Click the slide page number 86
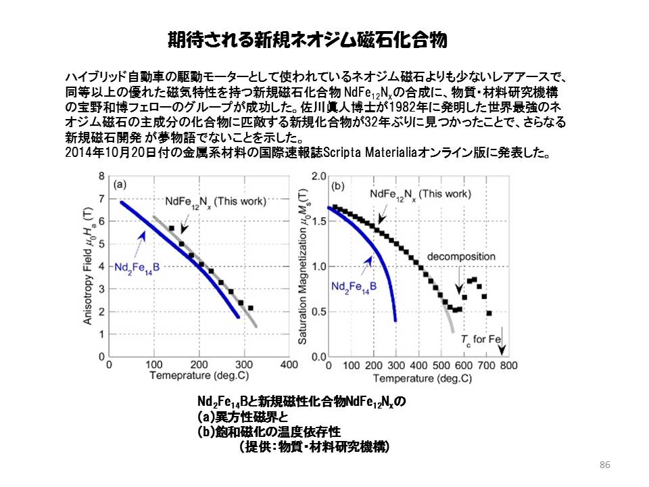click(604, 465)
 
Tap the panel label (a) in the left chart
click(120, 183)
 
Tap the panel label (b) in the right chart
click(337, 184)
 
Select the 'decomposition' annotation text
click(457, 256)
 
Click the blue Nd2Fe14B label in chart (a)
click(137, 267)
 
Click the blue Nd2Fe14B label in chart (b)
click(354, 286)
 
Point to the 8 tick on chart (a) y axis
click(101, 176)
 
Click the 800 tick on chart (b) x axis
click(508, 365)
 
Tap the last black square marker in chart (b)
click(489, 313)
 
